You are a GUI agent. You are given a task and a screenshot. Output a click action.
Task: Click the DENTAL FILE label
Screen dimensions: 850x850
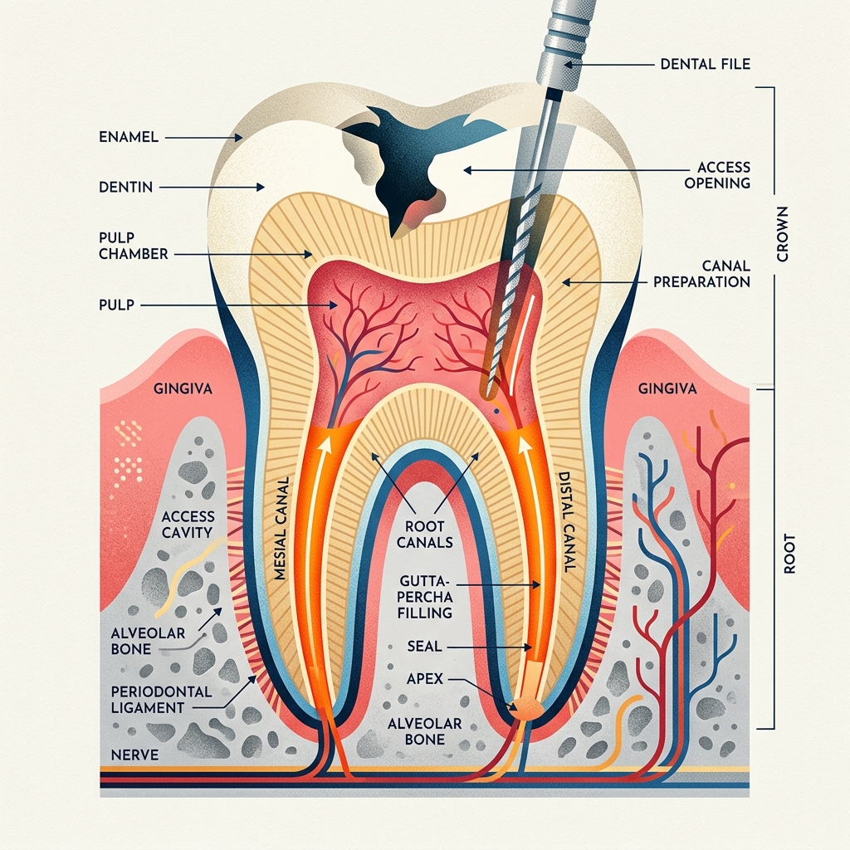(706, 64)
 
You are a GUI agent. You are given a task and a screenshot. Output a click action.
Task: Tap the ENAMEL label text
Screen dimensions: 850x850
(129, 137)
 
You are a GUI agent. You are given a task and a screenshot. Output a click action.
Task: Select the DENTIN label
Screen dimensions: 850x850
(126, 187)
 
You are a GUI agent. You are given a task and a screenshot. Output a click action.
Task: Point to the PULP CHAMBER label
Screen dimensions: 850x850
(134, 246)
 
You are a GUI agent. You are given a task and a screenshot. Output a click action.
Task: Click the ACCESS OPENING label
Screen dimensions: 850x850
(717, 174)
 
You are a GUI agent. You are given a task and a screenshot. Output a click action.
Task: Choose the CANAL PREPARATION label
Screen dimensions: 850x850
(701, 274)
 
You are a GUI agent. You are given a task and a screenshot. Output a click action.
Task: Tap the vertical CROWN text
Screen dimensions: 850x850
(782, 233)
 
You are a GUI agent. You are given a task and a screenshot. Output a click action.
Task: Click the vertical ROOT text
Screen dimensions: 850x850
(789, 554)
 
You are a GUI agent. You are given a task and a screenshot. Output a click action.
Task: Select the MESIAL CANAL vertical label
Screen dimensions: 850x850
(281, 528)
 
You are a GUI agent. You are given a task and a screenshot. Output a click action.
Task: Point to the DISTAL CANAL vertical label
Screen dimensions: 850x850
(566, 522)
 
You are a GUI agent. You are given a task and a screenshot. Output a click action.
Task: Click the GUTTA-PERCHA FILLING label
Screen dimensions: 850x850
(425, 597)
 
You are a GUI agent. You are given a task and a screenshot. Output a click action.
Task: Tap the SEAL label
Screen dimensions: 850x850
(424, 646)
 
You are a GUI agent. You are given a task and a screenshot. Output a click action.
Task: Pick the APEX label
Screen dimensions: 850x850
(424, 678)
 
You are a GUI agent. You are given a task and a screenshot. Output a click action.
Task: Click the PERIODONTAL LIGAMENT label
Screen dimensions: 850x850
(161, 699)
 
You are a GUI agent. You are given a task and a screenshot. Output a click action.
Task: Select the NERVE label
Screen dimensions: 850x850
(134, 754)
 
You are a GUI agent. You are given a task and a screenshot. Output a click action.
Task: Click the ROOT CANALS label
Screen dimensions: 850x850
(424, 534)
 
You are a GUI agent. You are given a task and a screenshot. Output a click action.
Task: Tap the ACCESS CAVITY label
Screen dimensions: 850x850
(188, 525)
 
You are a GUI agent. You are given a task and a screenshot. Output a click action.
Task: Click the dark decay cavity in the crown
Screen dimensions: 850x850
(401, 163)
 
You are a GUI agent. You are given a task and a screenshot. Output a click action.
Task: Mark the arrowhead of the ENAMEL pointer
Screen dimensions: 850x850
(238, 138)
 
